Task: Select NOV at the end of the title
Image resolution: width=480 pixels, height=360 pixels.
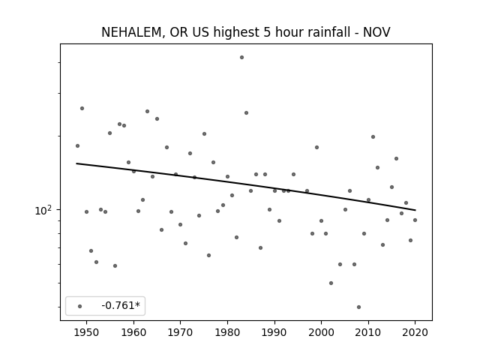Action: [376, 32]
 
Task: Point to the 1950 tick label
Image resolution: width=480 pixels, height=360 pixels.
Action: [87, 333]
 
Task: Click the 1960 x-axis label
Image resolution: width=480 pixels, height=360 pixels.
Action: [133, 333]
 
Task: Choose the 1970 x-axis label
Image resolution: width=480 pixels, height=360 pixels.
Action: [180, 333]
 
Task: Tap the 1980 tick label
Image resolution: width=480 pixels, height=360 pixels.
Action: [227, 333]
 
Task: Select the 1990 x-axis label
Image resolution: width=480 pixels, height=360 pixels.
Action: [274, 333]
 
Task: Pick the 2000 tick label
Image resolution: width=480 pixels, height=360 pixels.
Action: [321, 333]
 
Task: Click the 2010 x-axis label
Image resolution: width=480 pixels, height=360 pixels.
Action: [368, 333]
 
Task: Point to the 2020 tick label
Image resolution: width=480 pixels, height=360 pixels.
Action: [415, 333]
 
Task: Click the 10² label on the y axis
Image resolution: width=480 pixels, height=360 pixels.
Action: [43, 210]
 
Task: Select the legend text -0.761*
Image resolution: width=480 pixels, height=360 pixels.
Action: [121, 305]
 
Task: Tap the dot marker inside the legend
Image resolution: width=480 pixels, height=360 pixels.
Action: [80, 306]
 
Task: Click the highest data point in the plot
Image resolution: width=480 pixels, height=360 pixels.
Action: [241, 57]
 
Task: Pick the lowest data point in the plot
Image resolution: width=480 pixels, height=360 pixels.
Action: [358, 307]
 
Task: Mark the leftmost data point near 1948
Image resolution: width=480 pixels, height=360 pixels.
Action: [77, 145]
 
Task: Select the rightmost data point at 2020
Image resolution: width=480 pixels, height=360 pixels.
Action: [415, 220]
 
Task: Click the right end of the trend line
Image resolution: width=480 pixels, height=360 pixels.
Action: [415, 210]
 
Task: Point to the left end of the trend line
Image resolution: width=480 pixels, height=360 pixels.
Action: [76, 163]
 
